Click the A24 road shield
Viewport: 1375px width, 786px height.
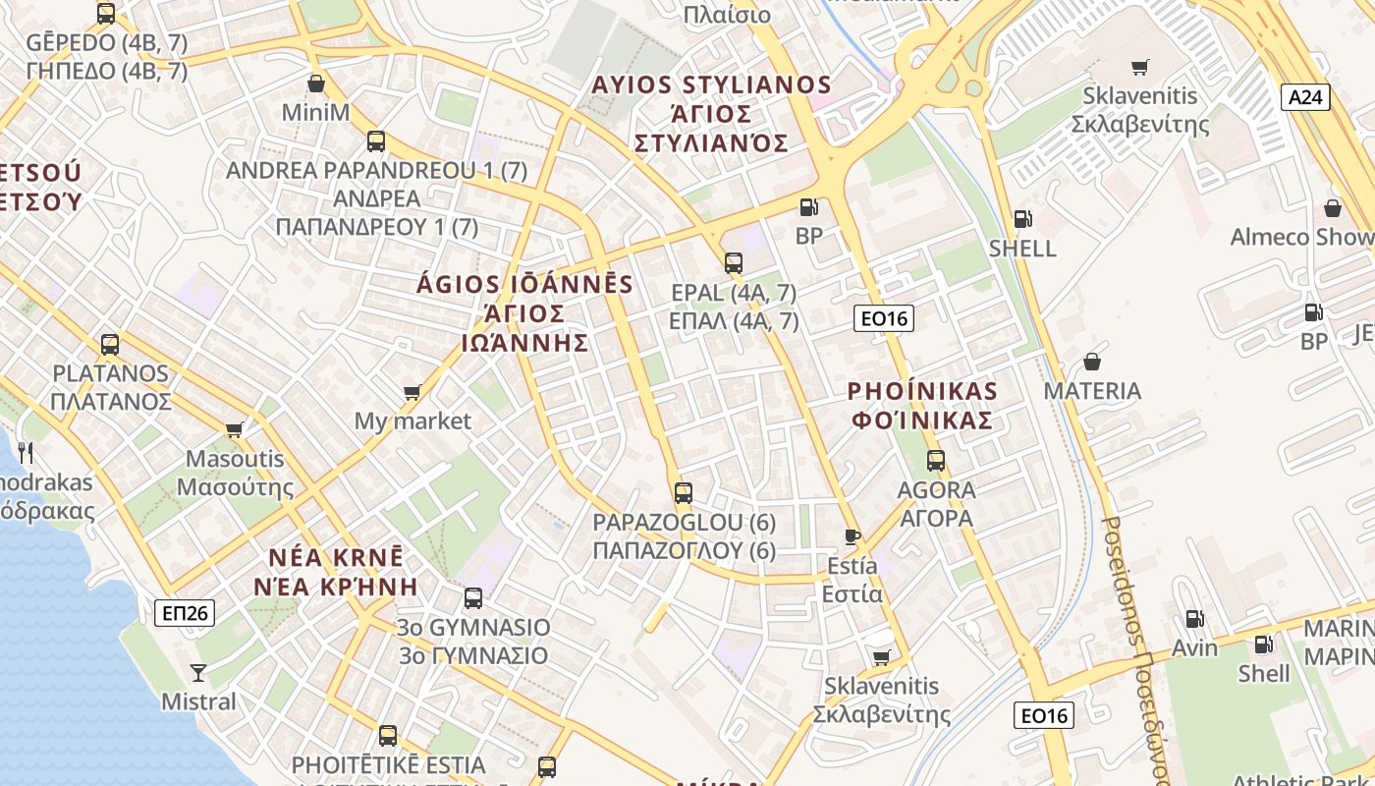1305,97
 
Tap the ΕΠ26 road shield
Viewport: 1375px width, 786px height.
185,613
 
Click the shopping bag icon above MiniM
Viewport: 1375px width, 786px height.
315,84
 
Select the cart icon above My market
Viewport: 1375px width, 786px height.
412,393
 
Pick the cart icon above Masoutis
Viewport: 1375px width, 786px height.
234,429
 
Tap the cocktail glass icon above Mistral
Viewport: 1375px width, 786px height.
198,673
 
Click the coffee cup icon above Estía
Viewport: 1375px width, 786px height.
852,536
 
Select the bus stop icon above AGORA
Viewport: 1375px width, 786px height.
936,460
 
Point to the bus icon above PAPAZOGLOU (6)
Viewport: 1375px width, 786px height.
684,492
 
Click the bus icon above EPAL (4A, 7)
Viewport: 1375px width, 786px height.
734,262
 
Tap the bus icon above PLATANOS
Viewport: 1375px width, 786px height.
110,345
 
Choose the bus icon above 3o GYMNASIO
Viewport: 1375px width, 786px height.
473,597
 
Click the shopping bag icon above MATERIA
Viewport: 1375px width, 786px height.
1091,362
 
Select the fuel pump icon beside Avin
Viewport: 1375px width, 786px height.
1194,619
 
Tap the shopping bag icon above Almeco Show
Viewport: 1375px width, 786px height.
1333,208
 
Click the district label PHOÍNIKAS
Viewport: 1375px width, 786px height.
922,391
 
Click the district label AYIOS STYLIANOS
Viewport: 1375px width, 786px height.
711,85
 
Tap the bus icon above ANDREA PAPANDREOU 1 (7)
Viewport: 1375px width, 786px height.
376,140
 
